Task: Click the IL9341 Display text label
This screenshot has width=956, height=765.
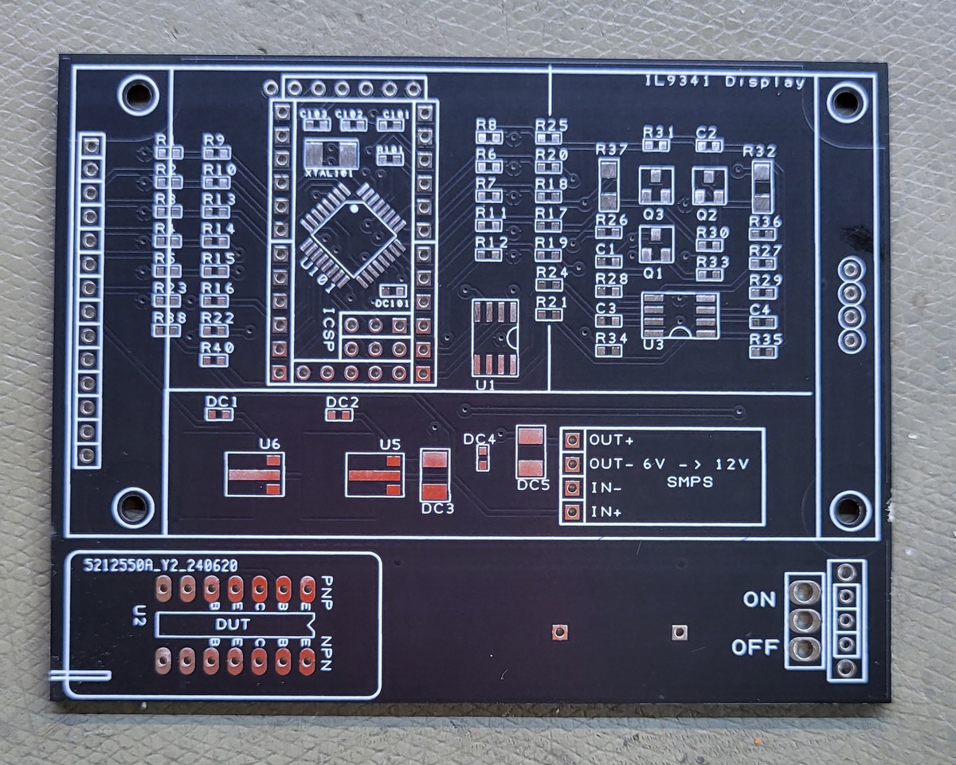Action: coord(725,82)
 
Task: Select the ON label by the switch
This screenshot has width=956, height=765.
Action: coord(759,599)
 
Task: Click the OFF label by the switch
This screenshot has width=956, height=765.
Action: coord(754,648)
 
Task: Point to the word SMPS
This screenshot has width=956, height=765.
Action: coord(690,482)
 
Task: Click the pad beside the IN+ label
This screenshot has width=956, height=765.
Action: coord(571,512)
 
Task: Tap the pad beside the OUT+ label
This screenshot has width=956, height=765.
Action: coord(571,440)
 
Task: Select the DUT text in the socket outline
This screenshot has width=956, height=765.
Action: coord(232,625)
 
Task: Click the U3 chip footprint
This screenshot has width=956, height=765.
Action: coord(680,315)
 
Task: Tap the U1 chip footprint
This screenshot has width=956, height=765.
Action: coord(495,338)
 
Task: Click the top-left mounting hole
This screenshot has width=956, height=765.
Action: coord(138,95)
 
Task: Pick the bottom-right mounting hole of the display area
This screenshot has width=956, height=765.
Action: coord(848,508)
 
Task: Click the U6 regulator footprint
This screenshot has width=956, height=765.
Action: coord(255,474)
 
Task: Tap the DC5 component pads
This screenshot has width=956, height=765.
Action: coord(531,452)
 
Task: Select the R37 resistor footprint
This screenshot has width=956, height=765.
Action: coord(609,184)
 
